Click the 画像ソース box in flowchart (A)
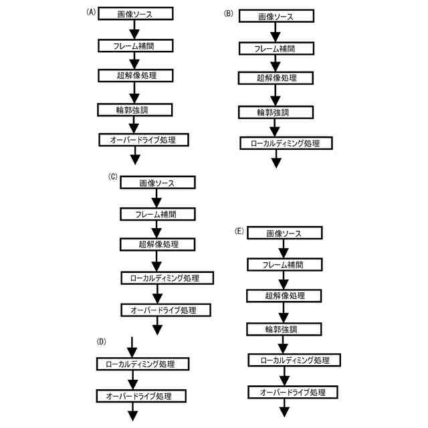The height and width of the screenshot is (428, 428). pyautogui.click(x=136, y=14)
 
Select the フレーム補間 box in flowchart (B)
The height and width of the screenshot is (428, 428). pyautogui.click(x=276, y=48)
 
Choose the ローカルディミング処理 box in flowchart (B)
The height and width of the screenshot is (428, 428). pyautogui.click(x=286, y=143)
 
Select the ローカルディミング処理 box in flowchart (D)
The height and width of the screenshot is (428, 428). pyautogui.click(x=136, y=364)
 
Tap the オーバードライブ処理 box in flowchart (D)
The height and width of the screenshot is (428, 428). pyautogui.click(x=138, y=396)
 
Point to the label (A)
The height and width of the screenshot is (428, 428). pyautogui.click(x=92, y=11)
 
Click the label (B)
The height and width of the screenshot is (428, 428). pyautogui.click(x=229, y=13)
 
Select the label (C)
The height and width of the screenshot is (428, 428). pyautogui.click(x=112, y=177)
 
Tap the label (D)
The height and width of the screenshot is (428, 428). pyautogui.click(x=102, y=342)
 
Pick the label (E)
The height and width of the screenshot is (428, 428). pyautogui.click(x=239, y=231)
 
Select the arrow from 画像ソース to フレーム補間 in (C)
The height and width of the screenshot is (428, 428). pyautogui.click(x=157, y=198)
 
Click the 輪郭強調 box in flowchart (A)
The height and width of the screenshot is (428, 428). pyautogui.click(x=135, y=109)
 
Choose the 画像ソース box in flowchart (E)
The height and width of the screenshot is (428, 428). pyautogui.click(x=284, y=233)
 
